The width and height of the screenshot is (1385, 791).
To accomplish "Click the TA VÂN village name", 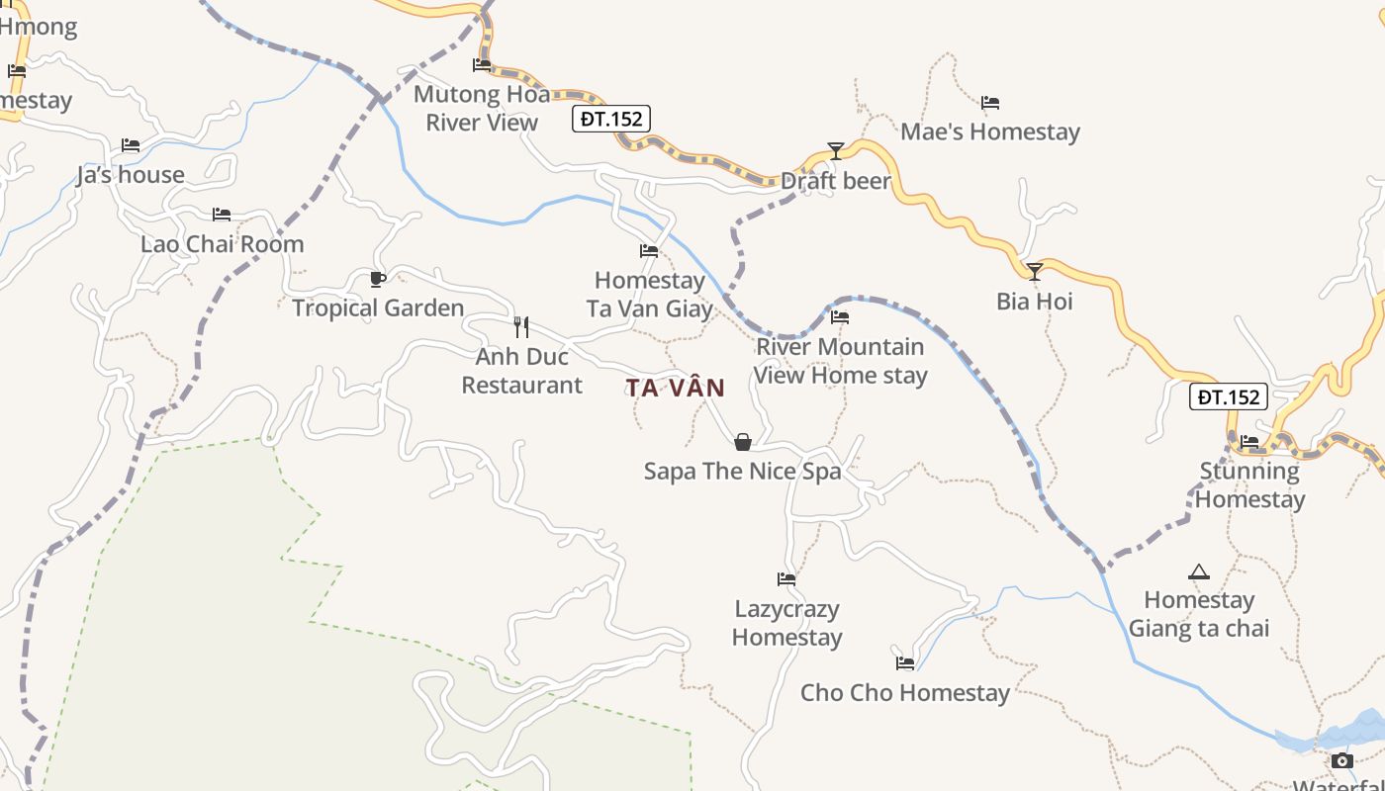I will [676, 388].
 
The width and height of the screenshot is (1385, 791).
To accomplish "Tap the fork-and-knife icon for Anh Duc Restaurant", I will [521, 327].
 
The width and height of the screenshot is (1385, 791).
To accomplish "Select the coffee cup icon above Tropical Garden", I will [377, 279].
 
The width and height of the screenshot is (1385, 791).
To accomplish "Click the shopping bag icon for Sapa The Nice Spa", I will [743, 442].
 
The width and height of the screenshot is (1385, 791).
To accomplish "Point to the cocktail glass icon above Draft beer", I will [836, 150].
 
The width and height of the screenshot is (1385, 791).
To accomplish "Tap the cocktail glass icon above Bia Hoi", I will [1035, 271].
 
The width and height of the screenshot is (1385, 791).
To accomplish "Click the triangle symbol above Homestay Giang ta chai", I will [1199, 571].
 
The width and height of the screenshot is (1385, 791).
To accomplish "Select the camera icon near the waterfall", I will [1342, 760].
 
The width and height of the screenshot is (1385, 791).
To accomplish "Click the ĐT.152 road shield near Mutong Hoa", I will [611, 120].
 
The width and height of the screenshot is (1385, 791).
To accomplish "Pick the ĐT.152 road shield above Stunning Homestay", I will [1228, 397].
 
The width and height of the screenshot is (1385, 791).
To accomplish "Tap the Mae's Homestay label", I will [990, 132].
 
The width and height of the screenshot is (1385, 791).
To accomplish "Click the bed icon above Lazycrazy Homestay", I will [786, 579].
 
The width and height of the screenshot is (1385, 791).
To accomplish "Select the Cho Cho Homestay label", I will [905, 692].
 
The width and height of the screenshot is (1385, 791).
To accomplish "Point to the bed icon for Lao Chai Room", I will [222, 215].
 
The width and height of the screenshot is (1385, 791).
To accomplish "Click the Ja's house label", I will [131, 175].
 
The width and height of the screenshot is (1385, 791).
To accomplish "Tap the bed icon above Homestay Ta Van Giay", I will [649, 251].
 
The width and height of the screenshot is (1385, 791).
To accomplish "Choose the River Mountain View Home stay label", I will [841, 361].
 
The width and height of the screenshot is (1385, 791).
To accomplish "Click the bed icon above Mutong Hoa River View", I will [482, 65].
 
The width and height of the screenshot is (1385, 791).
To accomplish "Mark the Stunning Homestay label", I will [1249, 484].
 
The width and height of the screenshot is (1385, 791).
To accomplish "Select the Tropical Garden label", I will [378, 308].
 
